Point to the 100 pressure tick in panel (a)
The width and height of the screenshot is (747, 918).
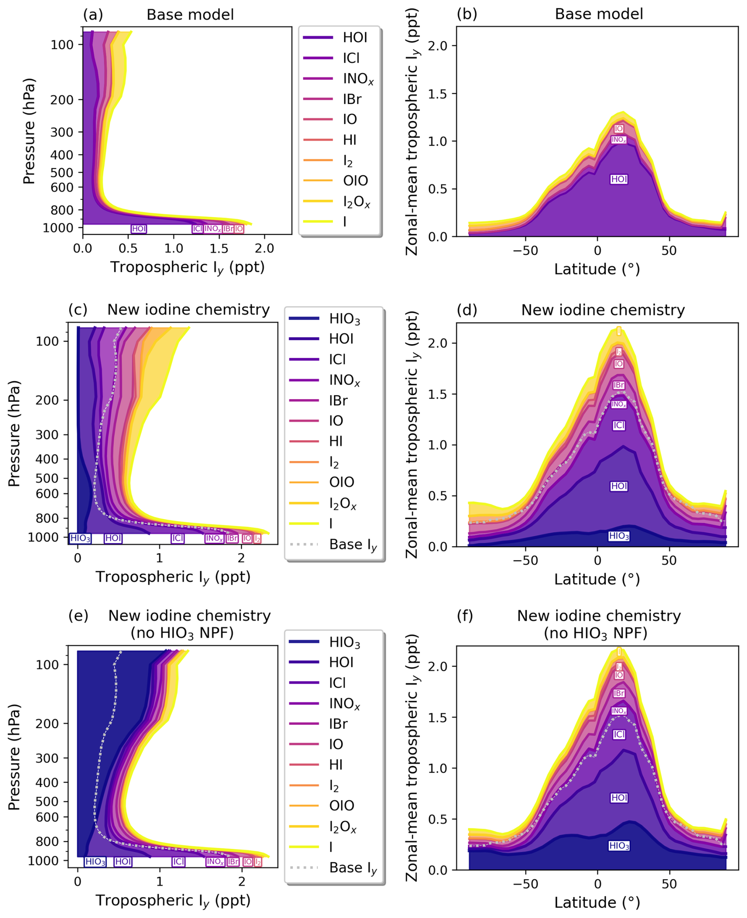coord(62,45)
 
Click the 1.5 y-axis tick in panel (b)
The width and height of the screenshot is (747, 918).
coord(437,94)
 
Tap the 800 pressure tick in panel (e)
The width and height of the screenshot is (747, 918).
coord(47,841)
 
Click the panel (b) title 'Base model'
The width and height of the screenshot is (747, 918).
coord(599,14)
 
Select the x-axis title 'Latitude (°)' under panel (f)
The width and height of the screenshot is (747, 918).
coord(597,902)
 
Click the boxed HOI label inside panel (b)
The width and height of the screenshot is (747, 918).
coord(619,179)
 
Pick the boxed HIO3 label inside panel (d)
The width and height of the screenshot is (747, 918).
coord(619,536)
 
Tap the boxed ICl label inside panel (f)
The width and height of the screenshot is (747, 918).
coord(619,734)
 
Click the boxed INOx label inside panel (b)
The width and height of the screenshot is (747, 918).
coord(619,139)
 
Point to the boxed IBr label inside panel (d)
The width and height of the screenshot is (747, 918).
coord(619,385)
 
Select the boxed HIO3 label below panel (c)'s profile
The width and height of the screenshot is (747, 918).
coord(80,538)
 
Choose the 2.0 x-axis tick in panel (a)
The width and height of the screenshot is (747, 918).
coord(264,249)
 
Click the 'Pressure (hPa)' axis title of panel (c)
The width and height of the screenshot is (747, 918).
coord(14,433)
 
